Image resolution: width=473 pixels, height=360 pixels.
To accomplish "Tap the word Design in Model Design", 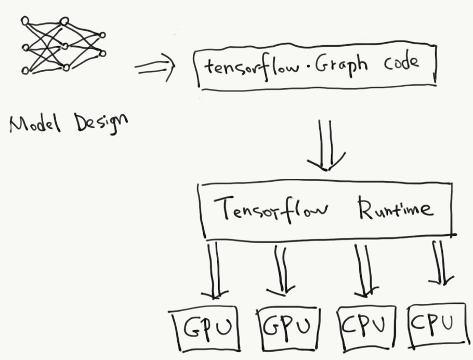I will coord(101,123).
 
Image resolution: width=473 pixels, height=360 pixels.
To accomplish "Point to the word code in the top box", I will coord(401,63).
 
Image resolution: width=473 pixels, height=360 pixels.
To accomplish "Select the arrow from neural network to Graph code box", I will coord(155,68).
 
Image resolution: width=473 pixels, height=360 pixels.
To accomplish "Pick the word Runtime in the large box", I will coord(395,208).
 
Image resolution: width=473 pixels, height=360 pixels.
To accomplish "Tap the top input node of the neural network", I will coord(24,21).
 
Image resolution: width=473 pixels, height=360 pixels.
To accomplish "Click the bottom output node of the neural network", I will coord(102,53).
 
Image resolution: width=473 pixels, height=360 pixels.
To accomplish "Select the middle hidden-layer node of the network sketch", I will coord(64,46).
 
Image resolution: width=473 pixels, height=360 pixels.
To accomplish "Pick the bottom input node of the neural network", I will coord(24,70).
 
